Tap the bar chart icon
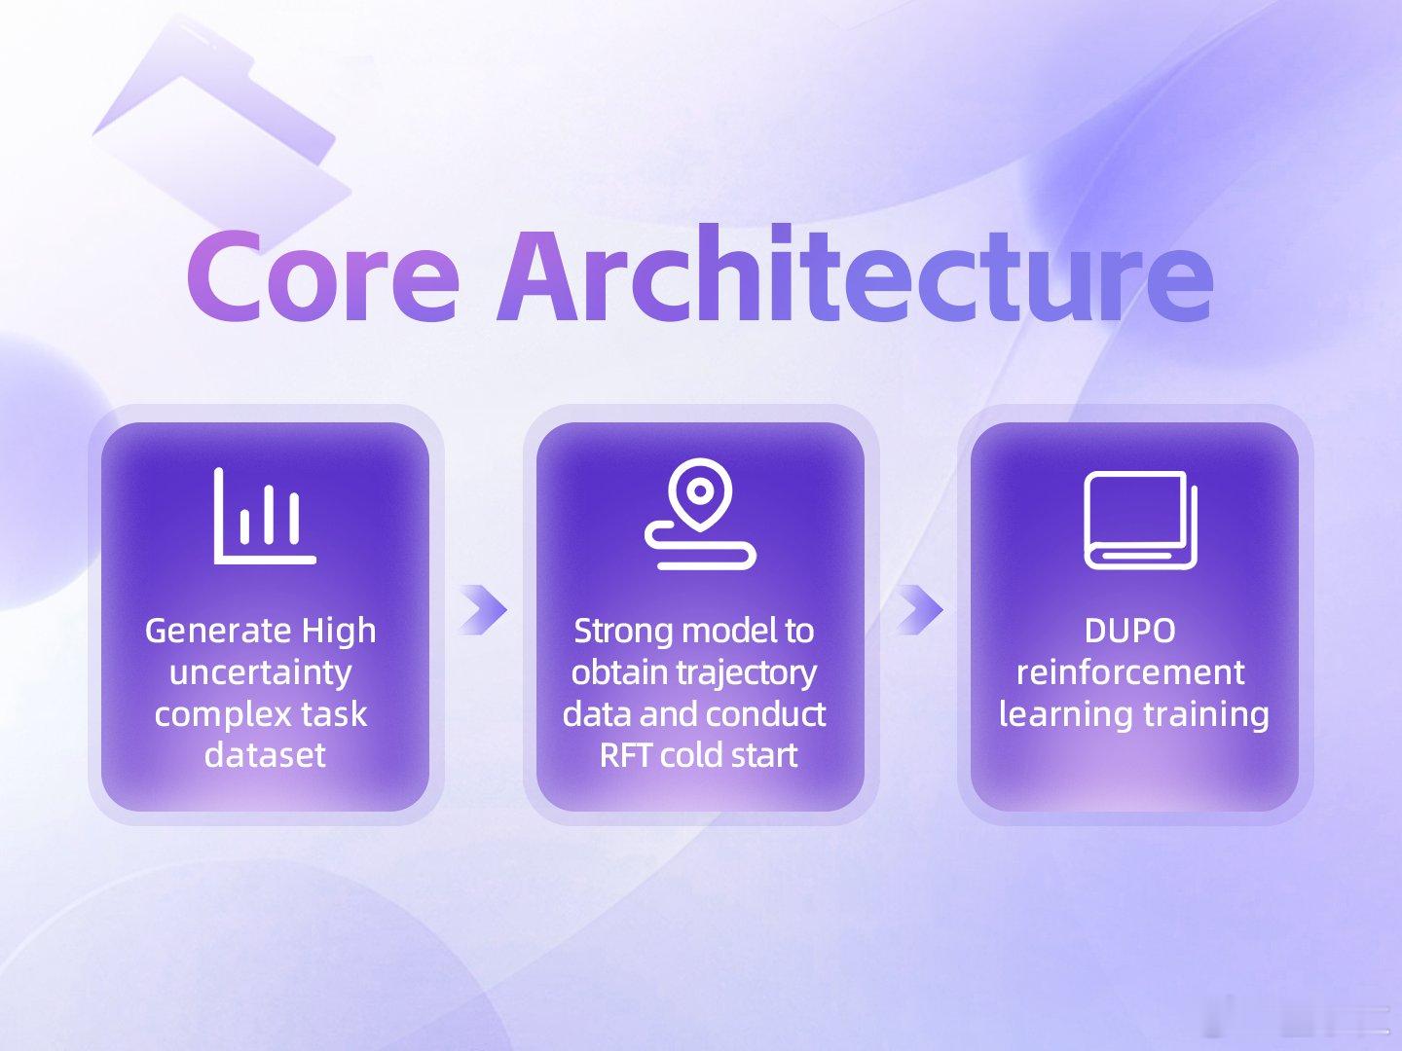265,516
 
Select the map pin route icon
701,513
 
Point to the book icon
1141,520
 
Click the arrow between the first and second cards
484,609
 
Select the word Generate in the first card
218,632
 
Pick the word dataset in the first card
265,755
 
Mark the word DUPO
1130,632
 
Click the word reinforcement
1130,672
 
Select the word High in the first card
339,632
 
